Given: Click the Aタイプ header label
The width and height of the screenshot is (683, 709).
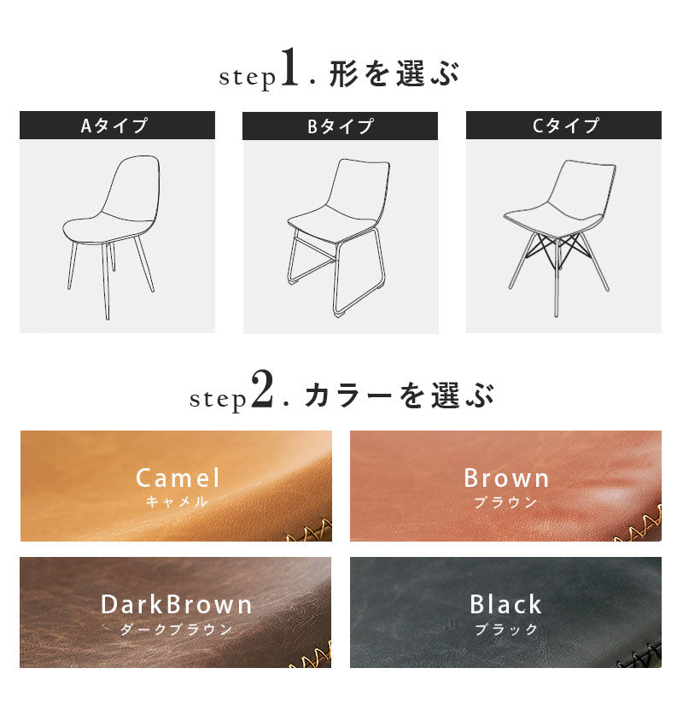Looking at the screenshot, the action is click(114, 126).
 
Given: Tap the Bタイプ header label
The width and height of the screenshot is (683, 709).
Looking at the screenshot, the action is click(341, 126).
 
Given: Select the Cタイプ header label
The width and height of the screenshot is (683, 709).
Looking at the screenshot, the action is click(565, 126).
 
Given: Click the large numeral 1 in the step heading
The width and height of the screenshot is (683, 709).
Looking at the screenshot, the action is click(289, 67).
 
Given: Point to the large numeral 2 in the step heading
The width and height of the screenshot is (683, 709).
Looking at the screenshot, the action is click(262, 389).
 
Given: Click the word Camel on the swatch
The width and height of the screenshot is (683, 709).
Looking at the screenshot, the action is click(178, 478).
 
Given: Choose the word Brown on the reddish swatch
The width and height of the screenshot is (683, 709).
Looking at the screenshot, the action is click(506, 478).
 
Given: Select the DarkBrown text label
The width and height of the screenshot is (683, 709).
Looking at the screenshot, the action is click(176, 605).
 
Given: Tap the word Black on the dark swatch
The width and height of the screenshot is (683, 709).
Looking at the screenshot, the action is click(505, 605).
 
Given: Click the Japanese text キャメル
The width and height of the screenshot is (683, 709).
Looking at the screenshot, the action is click(177, 501).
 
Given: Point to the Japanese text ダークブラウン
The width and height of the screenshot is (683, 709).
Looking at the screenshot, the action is click(176, 629).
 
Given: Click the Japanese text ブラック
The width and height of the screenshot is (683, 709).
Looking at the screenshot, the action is click(506, 629).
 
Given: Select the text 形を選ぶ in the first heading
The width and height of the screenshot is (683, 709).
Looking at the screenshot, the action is click(394, 73).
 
